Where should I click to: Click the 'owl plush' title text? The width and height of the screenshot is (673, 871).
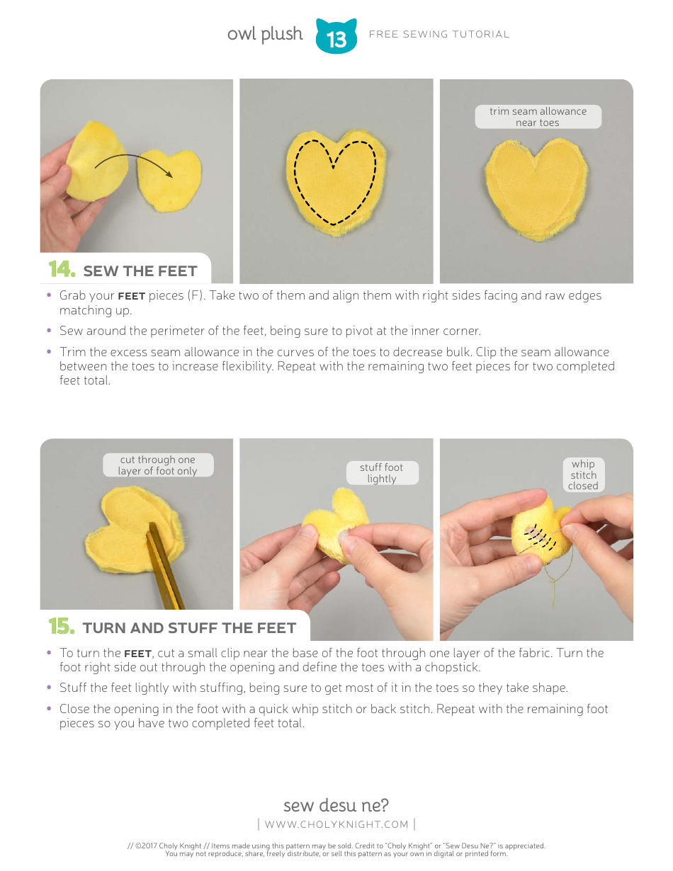click(x=264, y=34)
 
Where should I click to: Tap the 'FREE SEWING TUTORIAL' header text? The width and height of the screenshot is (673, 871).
click(x=439, y=34)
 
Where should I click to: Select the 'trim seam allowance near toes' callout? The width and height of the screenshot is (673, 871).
click(x=538, y=117)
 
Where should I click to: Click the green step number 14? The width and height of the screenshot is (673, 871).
click(x=62, y=270)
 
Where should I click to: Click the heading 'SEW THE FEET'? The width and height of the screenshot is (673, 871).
click(x=140, y=271)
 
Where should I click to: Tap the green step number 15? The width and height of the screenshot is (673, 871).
click(x=62, y=627)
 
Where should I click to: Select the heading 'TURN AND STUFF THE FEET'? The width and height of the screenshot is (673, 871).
click(x=189, y=628)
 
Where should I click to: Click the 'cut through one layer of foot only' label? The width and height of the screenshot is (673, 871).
click(x=157, y=465)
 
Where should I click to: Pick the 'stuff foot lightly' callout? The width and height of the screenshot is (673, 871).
click(x=381, y=473)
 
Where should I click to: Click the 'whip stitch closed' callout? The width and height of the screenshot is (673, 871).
click(x=583, y=475)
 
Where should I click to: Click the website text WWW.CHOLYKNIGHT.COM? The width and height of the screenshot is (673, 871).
click(x=336, y=824)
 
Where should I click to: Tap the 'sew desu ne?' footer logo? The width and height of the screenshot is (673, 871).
click(x=336, y=805)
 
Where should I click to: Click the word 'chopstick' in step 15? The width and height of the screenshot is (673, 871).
click(x=453, y=667)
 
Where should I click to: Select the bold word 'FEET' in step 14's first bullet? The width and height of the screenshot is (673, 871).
click(x=131, y=296)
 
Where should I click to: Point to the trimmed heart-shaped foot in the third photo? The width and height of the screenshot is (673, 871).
click(x=537, y=188)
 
